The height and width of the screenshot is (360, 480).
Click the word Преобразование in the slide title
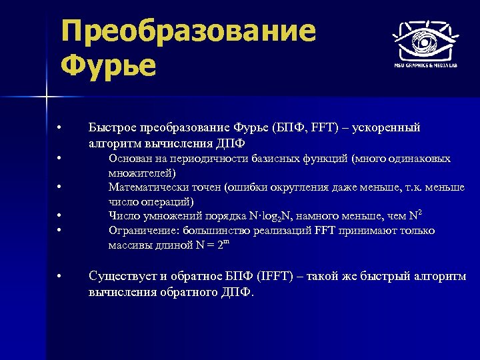pyautogui.click(x=187, y=31)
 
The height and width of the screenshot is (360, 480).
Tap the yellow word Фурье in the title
pyautogui.click(x=107, y=65)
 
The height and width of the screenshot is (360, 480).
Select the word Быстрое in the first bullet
pyautogui.click(x=111, y=127)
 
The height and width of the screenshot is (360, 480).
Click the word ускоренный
pyautogui.click(x=387, y=127)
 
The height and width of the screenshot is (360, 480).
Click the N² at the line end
pyautogui.click(x=415, y=215)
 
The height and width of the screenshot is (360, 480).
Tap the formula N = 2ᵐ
pyautogui.click(x=211, y=245)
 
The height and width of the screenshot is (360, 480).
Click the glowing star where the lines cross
pyautogui.click(x=47, y=98)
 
